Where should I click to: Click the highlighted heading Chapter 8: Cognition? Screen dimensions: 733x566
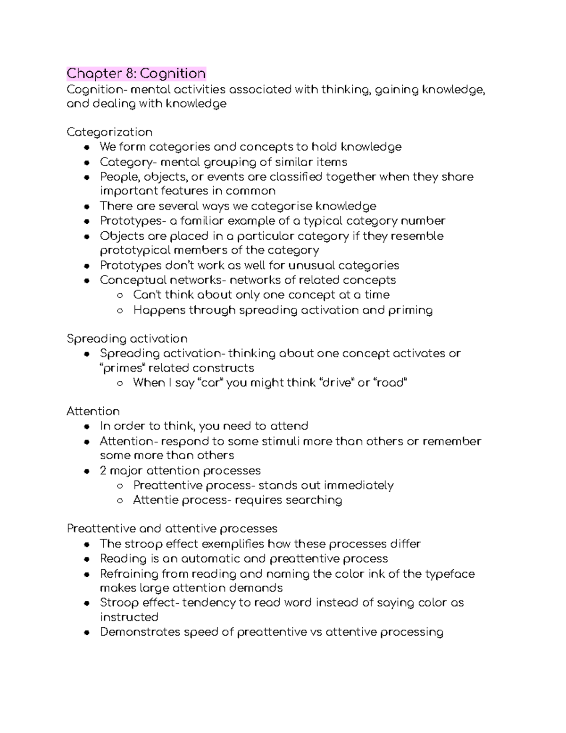coord(136,74)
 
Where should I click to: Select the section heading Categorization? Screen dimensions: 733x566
coord(109,132)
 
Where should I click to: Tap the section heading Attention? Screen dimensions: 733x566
coord(93,411)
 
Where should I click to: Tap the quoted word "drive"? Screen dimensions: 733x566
coord(337,382)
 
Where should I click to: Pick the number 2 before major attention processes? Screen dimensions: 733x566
coord(103,471)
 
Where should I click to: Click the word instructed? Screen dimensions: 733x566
coord(129,617)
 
